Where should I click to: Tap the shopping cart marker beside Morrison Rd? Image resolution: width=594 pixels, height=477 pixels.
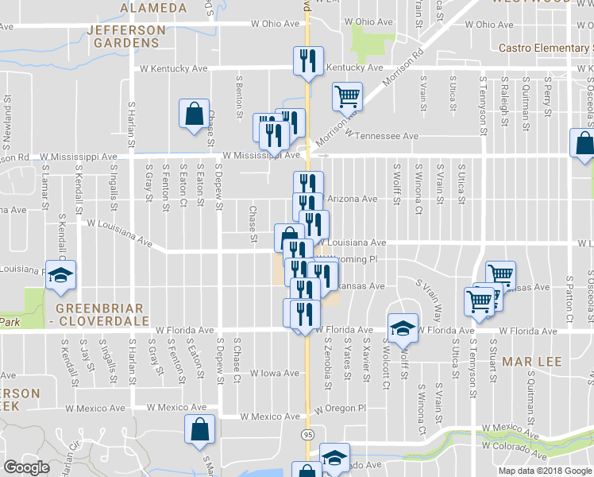(347, 97)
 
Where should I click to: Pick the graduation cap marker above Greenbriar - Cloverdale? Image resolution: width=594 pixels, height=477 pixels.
(60, 275)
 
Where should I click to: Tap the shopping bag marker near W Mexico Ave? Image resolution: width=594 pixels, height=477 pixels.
(199, 429)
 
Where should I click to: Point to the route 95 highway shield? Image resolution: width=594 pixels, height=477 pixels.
(307, 434)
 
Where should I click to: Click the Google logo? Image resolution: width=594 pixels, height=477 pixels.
(26, 467)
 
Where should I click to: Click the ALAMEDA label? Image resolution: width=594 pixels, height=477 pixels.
(153, 7)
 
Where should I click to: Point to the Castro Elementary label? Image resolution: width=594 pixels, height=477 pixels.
(546, 48)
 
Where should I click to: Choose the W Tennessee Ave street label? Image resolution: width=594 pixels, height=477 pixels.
(380, 137)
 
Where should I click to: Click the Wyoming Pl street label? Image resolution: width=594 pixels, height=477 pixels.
(350, 259)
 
